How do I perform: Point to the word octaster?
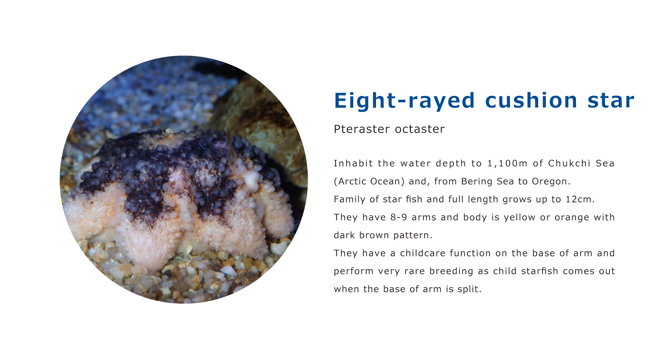(420, 129)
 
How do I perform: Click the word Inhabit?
(348, 163)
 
